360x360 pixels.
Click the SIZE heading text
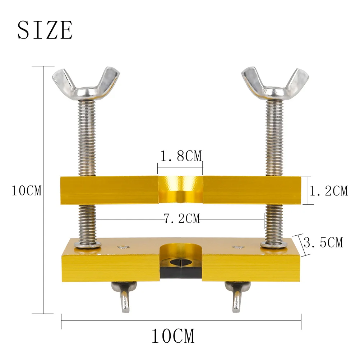pyautogui.click(x=45, y=30)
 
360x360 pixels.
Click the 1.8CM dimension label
pyautogui.click(x=180, y=156)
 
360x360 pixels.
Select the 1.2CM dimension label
pyautogui.click(x=329, y=191)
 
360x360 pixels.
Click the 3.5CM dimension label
pyautogui.click(x=323, y=243)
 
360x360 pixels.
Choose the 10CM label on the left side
pyautogui.click(x=26, y=190)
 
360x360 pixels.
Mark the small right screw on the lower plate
pyautogui.click(x=237, y=247)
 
